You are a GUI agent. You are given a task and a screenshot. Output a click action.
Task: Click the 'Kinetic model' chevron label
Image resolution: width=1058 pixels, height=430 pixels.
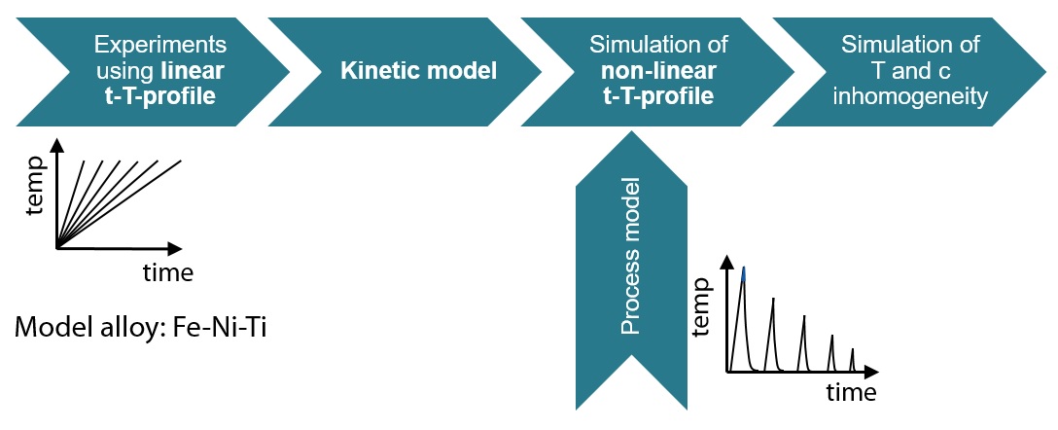pyautogui.click(x=418, y=70)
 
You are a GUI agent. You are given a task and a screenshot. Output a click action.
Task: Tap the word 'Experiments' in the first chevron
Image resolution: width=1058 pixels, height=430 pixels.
pyautogui.click(x=160, y=45)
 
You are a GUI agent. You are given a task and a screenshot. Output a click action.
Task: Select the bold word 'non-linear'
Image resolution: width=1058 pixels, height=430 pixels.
pyautogui.click(x=658, y=70)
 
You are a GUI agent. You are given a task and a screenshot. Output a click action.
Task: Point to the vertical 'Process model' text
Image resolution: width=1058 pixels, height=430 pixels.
pyautogui.click(x=631, y=257)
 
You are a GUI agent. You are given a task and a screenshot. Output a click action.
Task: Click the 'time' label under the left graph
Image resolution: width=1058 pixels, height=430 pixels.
pyautogui.click(x=168, y=272)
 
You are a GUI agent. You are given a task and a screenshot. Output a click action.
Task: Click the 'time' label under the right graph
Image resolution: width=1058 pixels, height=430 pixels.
pyautogui.click(x=851, y=393)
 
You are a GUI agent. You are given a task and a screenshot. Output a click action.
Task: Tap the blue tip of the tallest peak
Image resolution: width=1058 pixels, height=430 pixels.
pyautogui.click(x=744, y=273)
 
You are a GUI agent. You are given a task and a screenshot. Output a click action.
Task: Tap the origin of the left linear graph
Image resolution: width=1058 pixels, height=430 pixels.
pyautogui.click(x=57, y=249)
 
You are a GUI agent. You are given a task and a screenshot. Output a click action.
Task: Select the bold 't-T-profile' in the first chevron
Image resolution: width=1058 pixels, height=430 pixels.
pyautogui.click(x=160, y=95)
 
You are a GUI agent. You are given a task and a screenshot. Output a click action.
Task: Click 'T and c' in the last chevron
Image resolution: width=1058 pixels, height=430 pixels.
pyautogui.click(x=910, y=70)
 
